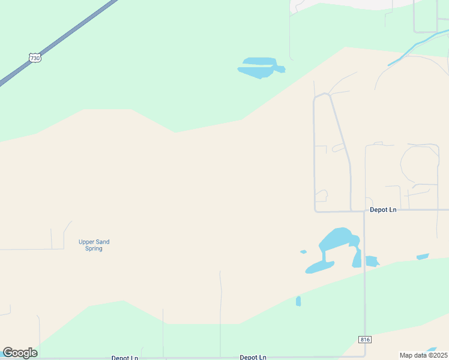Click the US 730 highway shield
pos(35,58)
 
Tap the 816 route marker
pos(365,340)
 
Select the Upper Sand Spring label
pos(94,245)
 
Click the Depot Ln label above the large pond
pos(383,209)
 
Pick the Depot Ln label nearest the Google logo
pos(125,358)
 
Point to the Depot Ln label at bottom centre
pos(253,357)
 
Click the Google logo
pos(20,353)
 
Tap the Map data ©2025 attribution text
pos(424,355)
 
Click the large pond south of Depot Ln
pos(339,239)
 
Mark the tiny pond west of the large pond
pos(303,251)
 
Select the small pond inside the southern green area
pos(298,301)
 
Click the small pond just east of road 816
pos(372,261)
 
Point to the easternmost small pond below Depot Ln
pos(423,257)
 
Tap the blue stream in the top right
pos(420,44)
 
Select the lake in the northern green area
pos(261,68)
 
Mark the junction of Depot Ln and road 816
pos(364,211)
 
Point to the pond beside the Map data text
pos(432,349)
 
